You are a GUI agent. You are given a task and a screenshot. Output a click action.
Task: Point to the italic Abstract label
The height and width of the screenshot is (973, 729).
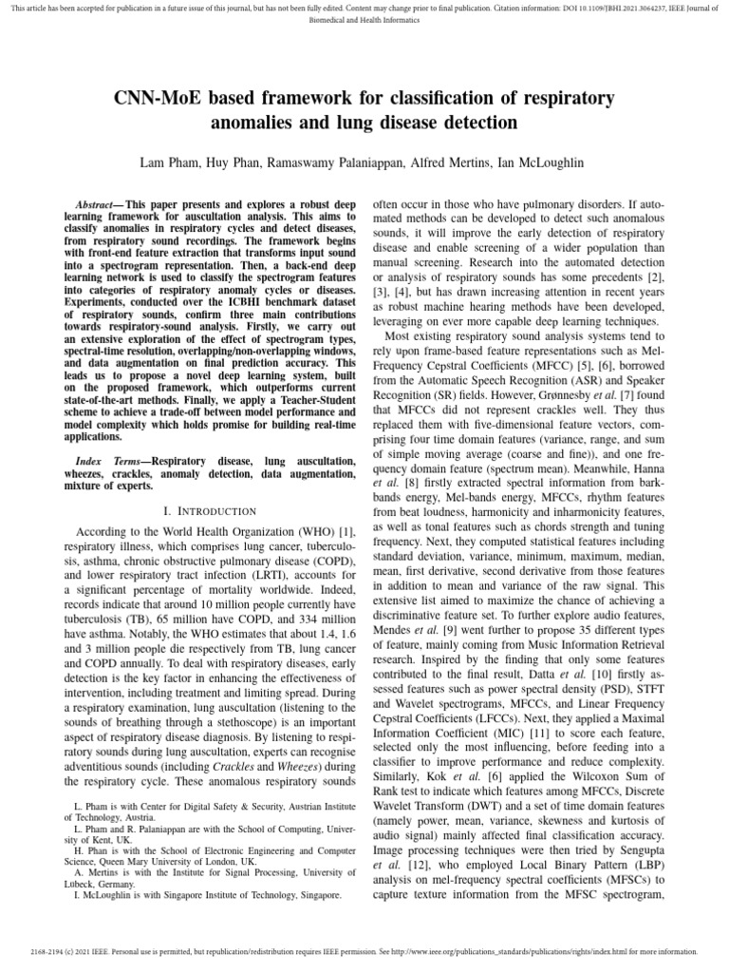click(x=98, y=205)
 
